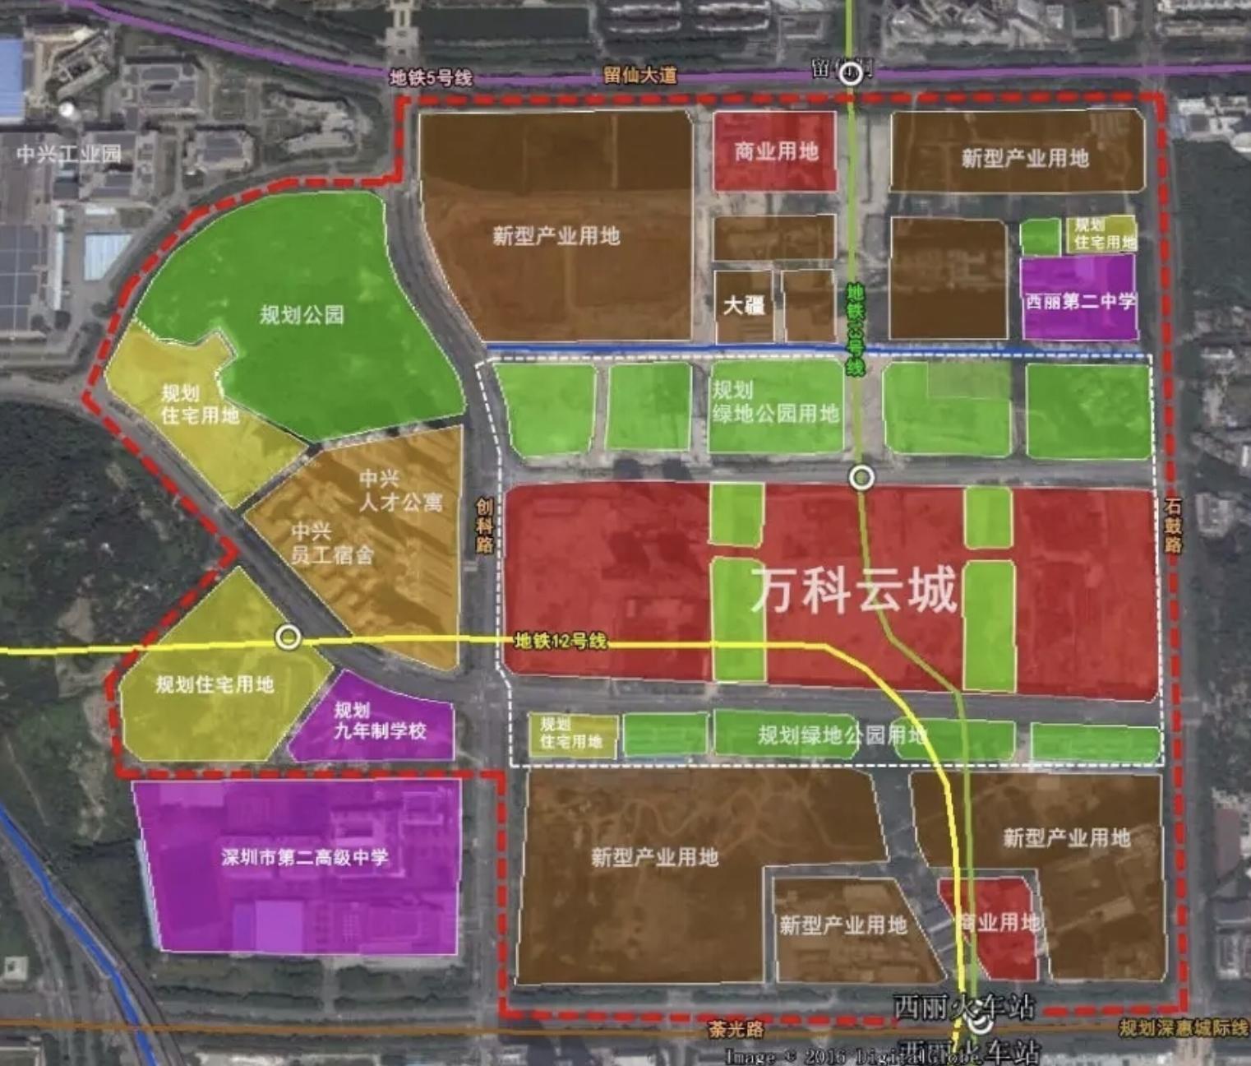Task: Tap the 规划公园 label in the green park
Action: tap(302, 314)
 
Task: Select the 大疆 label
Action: tap(744, 306)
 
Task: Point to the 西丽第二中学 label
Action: tap(1080, 301)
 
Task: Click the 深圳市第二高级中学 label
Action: tap(304, 857)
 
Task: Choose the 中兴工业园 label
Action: tap(68, 153)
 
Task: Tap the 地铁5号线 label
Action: tap(431, 78)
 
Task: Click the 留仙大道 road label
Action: tap(639, 75)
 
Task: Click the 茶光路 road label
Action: tap(736, 1028)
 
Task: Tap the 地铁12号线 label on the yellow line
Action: tap(560, 641)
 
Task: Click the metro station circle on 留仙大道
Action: tap(852, 75)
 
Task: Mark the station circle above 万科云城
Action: tap(861, 477)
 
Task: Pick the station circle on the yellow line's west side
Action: tap(288, 637)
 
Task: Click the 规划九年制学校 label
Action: tap(379, 720)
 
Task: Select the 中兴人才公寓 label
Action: tap(400, 490)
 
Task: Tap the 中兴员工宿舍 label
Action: tap(331, 543)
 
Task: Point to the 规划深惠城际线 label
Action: tap(1183, 1028)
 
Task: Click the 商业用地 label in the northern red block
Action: tap(776, 151)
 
